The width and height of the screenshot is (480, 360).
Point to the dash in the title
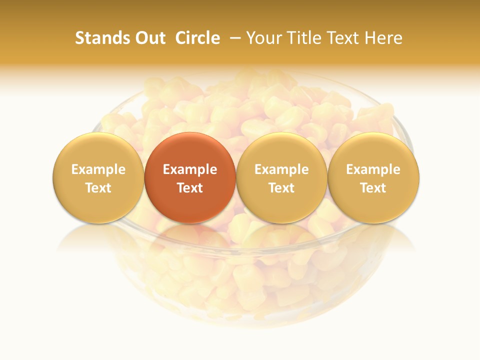(x=233, y=38)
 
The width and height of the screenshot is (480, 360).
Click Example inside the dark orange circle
(x=190, y=169)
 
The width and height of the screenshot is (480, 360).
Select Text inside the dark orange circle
(x=190, y=188)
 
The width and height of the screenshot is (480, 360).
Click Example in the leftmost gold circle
(x=98, y=169)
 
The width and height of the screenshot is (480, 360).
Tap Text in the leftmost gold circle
(x=98, y=188)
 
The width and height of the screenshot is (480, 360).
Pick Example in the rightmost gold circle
(x=373, y=169)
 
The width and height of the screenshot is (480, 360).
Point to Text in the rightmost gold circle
(x=373, y=188)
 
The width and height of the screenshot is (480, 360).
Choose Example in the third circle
(x=281, y=169)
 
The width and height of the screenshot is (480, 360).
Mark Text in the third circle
(x=281, y=188)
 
